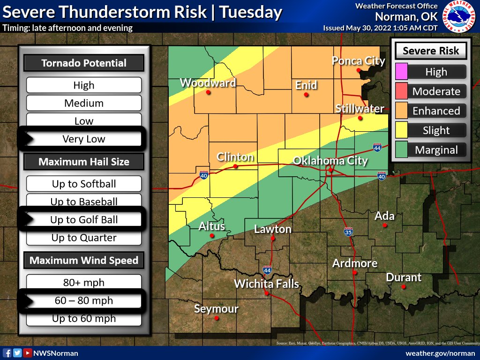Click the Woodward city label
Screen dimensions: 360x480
[x=207, y=83]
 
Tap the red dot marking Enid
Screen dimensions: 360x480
[x=306, y=95]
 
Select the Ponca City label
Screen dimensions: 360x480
[x=358, y=61]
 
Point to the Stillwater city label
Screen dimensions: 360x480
[x=360, y=109]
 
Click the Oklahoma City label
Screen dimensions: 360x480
[x=330, y=161]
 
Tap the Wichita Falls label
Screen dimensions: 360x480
[x=266, y=284]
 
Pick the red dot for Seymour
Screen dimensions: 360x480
[x=217, y=318]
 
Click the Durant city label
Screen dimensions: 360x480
[x=403, y=277]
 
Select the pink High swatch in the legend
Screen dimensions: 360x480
[x=402, y=72]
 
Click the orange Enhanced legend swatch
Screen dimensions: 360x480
[x=402, y=111]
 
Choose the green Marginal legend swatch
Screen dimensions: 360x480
[x=402, y=150]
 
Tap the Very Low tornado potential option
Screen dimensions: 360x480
[x=84, y=139]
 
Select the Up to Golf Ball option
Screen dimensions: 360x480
[x=84, y=220]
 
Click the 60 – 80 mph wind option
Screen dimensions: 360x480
[x=84, y=300]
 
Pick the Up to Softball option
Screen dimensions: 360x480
[x=84, y=184]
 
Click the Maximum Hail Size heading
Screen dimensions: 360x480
[x=84, y=162]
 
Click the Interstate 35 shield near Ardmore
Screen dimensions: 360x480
[x=348, y=232]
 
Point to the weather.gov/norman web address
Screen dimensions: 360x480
[x=440, y=353]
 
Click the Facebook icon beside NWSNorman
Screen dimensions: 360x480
[x=7, y=353]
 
